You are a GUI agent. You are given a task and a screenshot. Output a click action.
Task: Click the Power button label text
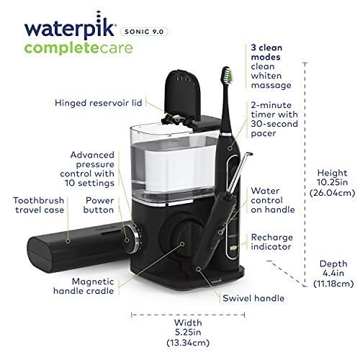click(99, 205)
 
